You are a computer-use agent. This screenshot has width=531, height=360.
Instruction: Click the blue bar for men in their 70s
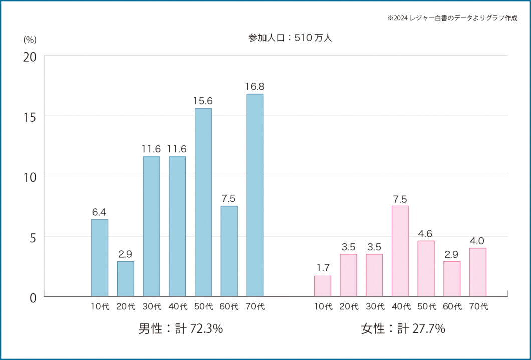click(x=255, y=195)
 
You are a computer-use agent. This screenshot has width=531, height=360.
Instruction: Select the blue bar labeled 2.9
click(x=126, y=279)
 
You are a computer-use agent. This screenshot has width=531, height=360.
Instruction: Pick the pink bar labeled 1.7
click(x=322, y=286)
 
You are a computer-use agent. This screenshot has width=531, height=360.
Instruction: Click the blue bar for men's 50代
click(x=203, y=202)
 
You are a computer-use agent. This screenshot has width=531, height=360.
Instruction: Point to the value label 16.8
click(x=254, y=87)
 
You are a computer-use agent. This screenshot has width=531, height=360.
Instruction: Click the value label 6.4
click(x=100, y=212)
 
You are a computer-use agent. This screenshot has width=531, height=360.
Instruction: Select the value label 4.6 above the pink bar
click(x=425, y=233)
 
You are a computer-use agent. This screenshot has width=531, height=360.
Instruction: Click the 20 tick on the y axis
click(x=30, y=57)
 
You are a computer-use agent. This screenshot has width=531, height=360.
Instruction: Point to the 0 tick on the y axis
click(x=33, y=297)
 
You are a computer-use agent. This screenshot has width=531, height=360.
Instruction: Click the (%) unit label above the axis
click(x=30, y=40)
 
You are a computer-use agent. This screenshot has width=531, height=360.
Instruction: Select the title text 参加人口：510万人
click(x=290, y=38)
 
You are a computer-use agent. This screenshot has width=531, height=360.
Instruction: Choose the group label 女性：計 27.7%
click(x=403, y=329)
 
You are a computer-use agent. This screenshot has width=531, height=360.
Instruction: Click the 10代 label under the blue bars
click(x=100, y=307)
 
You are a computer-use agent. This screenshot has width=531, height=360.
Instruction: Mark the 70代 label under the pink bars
click(x=478, y=307)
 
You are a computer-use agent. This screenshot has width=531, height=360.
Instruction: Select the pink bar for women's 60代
click(x=451, y=279)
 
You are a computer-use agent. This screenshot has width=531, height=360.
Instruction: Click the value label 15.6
click(x=203, y=101)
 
